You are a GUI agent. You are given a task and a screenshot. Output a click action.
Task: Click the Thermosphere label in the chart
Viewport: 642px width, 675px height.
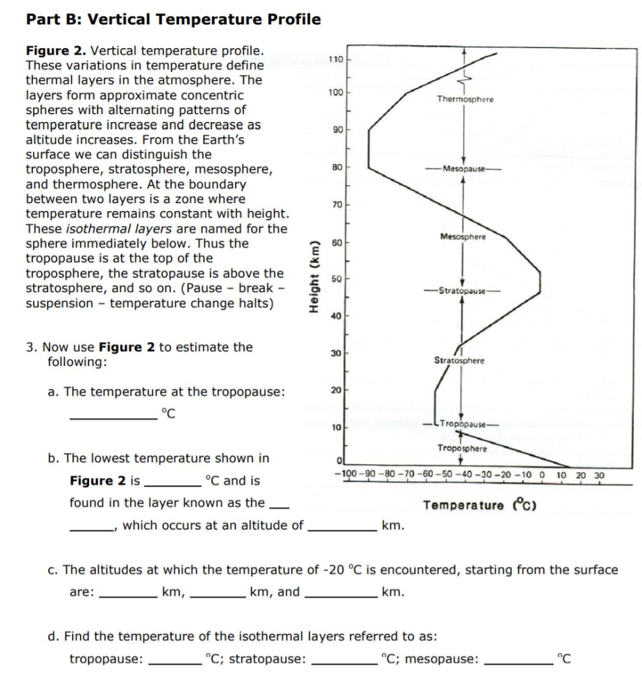(x=465, y=99)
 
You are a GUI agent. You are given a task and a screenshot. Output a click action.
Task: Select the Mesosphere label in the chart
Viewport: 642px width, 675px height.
(x=463, y=237)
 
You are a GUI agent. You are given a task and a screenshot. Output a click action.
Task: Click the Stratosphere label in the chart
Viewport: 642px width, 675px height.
(x=459, y=361)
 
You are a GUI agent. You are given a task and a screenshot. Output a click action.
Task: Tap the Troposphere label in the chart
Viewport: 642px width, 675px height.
(x=462, y=448)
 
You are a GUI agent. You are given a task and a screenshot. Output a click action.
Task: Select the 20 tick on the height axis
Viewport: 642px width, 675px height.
(x=336, y=392)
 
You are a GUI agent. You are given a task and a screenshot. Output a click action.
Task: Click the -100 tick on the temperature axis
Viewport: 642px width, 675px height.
(x=346, y=475)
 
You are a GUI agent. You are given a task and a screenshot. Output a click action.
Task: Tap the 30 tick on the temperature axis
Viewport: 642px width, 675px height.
(x=599, y=475)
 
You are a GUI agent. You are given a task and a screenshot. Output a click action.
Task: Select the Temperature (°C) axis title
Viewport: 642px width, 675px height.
(x=480, y=506)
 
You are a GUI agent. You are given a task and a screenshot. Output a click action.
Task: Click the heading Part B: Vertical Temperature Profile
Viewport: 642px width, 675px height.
(x=174, y=19)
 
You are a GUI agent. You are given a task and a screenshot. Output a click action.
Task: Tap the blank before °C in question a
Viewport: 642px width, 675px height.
(x=113, y=415)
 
